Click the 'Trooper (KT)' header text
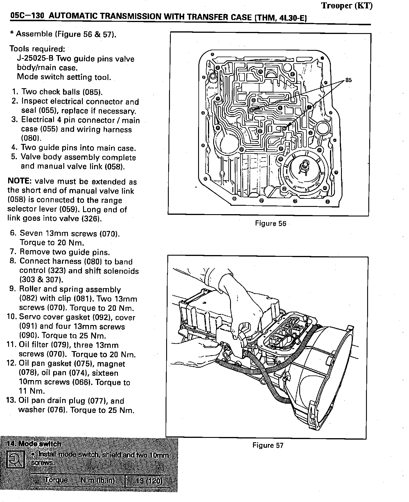(x=347, y=6)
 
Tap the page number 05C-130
(x=27, y=16)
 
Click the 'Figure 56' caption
(x=270, y=223)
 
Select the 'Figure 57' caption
(x=268, y=445)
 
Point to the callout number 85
(x=349, y=80)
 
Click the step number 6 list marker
(x=13, y=233)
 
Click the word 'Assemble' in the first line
(x=34, y=34)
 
